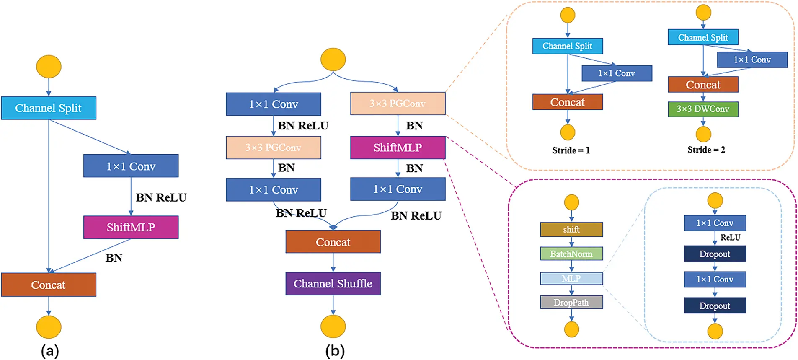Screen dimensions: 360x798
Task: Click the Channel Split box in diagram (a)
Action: (49, 108)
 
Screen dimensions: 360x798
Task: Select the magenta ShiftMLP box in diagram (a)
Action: (131, 227)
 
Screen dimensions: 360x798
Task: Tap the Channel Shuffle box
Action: (333, 284)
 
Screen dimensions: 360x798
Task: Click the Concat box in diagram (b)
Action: (333, 242)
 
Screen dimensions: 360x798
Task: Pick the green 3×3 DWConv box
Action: (703, 109)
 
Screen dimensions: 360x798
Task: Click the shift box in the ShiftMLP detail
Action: (571, 229)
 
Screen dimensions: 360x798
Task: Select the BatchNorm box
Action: (571, 254)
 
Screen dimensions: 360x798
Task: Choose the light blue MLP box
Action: (571, 278)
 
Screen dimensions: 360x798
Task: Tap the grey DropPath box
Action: (571, 302)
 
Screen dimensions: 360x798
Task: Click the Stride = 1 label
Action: (571, 150)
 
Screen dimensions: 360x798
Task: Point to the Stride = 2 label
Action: (706, 150)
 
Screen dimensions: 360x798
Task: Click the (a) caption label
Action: (50, 351)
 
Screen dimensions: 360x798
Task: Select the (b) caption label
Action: (335, 351)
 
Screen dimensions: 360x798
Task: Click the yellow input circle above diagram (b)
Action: (333, 60)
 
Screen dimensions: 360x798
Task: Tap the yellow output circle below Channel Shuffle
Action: (333, 326)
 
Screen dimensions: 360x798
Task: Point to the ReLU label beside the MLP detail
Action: (730, 238)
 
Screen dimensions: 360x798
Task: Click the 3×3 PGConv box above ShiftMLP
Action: (398, 104)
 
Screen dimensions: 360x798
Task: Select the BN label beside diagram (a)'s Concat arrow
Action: (114, 258)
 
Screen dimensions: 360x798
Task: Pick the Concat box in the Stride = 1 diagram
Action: (568, 102)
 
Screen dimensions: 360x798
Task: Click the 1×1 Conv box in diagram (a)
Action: (131, 166)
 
